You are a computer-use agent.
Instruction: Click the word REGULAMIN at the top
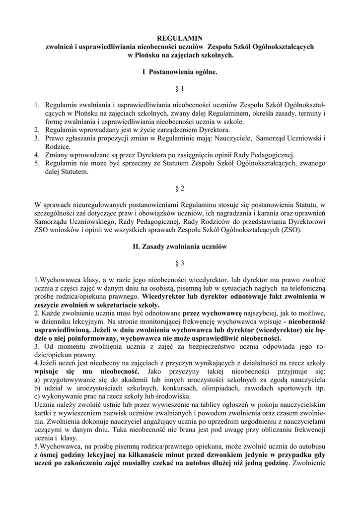pos(180,38)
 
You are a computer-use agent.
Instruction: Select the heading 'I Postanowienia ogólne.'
pos(180,72)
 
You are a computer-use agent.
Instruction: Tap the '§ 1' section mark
pos(180,89)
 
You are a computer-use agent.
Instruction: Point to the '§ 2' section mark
pos(180,189)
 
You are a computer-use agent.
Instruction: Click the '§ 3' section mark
pos(180,263)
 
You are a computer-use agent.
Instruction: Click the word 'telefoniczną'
pos(303,288)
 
